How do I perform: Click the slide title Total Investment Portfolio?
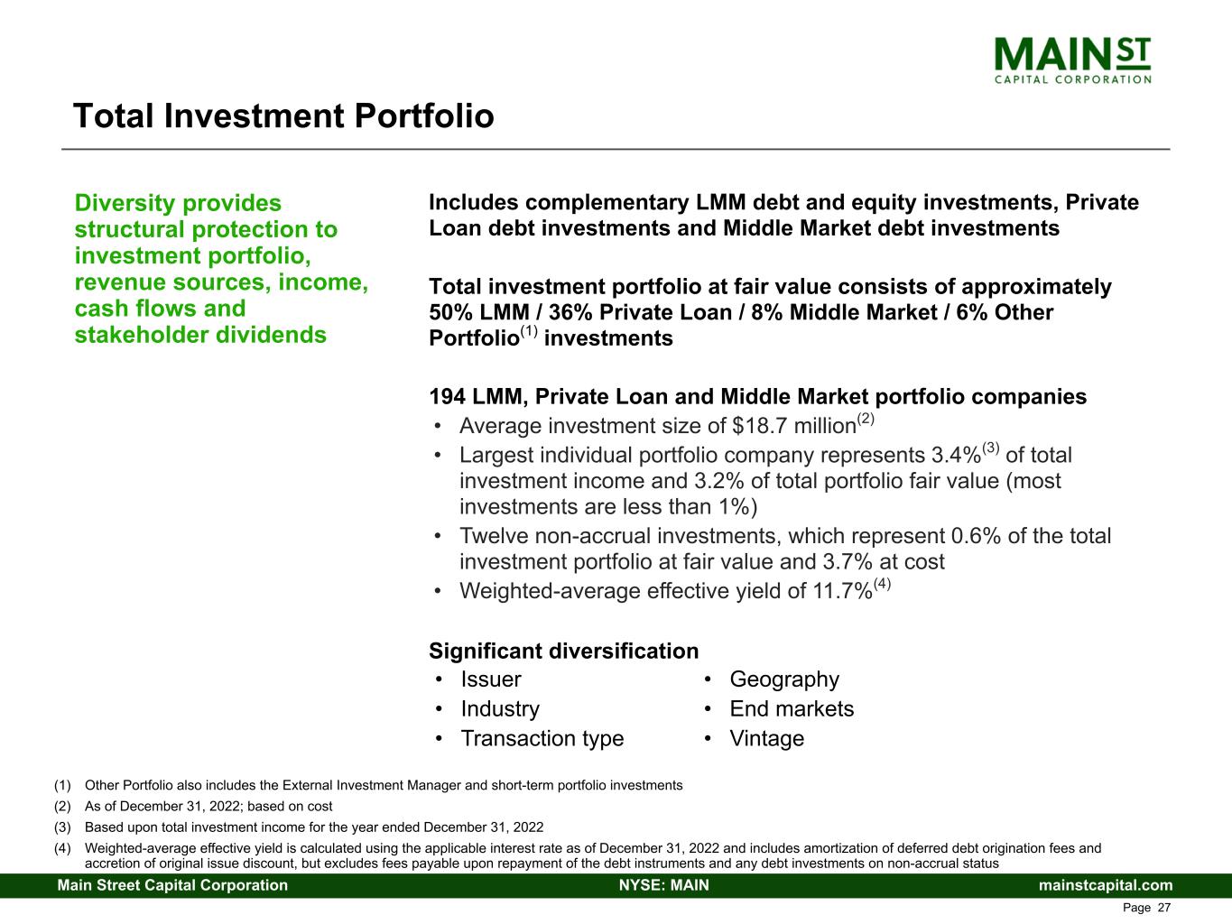coord(283,116)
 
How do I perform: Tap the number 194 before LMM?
coord(447,397)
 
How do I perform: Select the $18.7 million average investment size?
coord(793,426)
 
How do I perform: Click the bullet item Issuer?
coord(491,679)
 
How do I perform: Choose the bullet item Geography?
coord(783,679)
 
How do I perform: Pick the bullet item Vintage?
coord(766,739)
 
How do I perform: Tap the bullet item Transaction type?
coord(542,739)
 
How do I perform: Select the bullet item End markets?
coord(791,709)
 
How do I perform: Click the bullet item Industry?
coord(500,709)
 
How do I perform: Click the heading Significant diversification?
coord(563,651)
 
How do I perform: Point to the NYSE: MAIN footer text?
coord(663,885)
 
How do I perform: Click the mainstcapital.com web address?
coord(1106,885)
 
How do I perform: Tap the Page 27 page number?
coord(1146,908)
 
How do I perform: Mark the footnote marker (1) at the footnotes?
coord(63,785)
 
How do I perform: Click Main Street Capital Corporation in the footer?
coord(172,885)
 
